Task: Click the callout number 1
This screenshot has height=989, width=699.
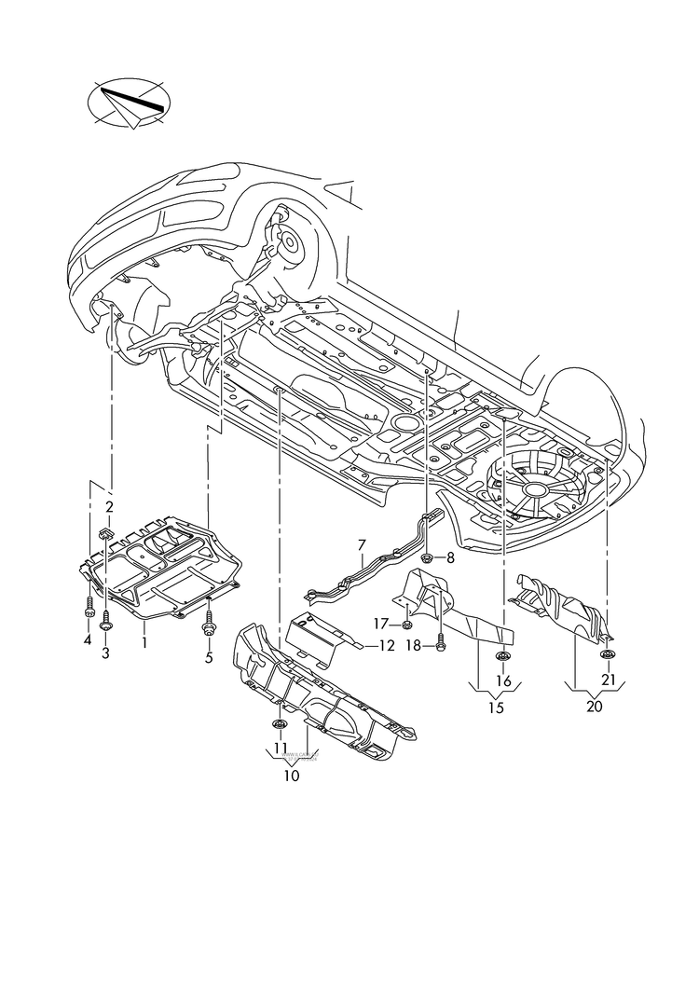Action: [x=145, y=642]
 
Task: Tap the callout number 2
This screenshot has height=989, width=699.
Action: [x=109, y=507]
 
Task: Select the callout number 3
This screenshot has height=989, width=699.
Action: [x=105, y=653]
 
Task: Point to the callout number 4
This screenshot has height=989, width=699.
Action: [x=88, y=640]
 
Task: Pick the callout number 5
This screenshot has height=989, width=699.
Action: [x=209, y=657]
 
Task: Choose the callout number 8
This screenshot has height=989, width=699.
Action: [x=450, y=557]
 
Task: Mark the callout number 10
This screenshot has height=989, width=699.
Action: [x=292, y=776]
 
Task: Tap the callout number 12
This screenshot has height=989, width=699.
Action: [x=387, y=645]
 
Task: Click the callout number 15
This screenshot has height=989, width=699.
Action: [x=495, y=708]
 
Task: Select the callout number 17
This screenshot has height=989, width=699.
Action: [x=381, y=623]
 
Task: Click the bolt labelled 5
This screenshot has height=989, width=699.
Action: [x=209, y=626]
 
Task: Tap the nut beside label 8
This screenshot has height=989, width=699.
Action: [x=426, y=558]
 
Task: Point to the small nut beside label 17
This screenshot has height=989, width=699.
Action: [x=408, y=624]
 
